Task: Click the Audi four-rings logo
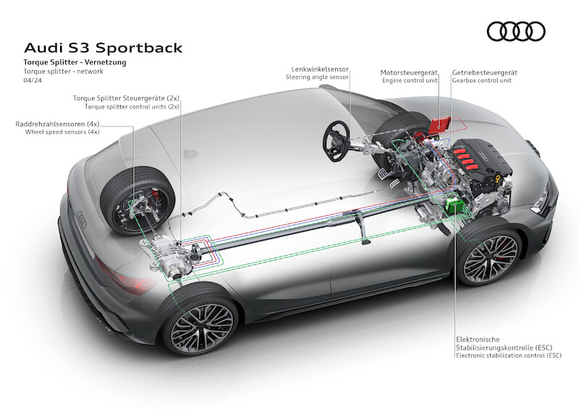pyautogui.click(x=516, y=31)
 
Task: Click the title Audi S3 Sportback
pyautogui.click(x=103, y=48)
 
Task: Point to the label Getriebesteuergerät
pyautogui.click(x=484, y=73)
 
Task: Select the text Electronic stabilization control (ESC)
pyautogui.click(x=509, y=356)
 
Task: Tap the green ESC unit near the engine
pyautogui.click(x=455, y=204)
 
